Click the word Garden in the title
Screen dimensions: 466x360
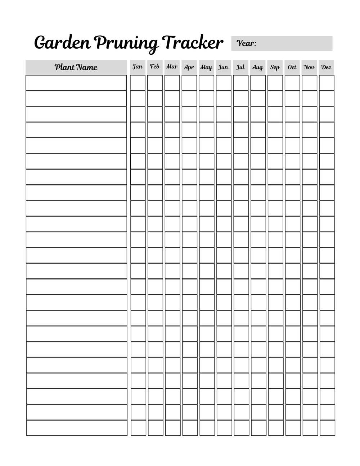[x=62, y=43]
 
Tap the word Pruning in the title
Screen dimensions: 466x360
[x=126, y=43]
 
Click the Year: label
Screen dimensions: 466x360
[x=247, y=44]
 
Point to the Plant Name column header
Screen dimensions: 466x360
[x=76, y=67]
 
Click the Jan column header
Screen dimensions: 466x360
[x=138, y=67]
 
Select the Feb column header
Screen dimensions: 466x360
[x=155, y=67]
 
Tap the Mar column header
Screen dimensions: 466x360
[x=172, y=67]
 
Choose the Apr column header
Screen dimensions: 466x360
[x=189, y=67]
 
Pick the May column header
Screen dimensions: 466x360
[x=206, y=67]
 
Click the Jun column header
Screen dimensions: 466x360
[x=223, y=67]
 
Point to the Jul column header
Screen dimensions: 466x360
[x=240, y=67]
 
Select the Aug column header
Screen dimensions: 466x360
[x=257, y=67]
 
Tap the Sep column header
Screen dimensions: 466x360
[x=275, y=67]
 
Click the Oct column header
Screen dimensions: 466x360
[x=292, y=67]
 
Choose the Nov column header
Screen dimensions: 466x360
[x=309, y=67]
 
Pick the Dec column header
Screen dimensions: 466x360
[x=326, y=67]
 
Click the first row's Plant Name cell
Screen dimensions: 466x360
[x=76, y=83]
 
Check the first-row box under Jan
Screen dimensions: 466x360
[x=138, y=83]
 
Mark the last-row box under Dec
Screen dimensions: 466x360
[x=327, y=428]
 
